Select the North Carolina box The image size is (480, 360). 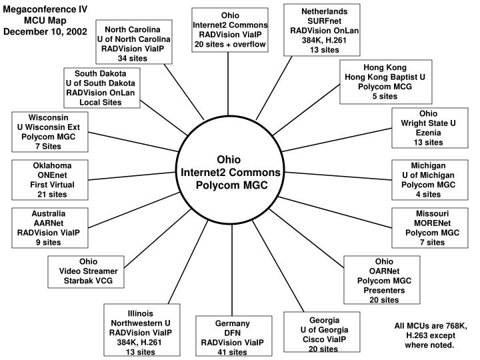pyautogui.click(x=133, y=44)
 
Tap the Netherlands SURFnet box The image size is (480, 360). pyautogui.click(x=324, y=31)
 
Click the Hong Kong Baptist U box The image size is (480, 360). pyautogui.click(x=380, y=82)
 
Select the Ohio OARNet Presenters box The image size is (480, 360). pyautogui.click(x=384, y=280)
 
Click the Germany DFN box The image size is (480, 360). pyautogui.click(x=233, y=337)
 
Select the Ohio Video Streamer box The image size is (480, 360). pyautogui.click(x=88, y=271)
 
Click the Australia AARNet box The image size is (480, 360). pyautogui.click(x=48, y=227)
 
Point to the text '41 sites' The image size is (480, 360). pyautogui.click(x=233, y=352)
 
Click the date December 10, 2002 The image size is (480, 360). pyautogui.click(x=45, y=32)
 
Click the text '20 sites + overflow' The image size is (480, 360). pyautogui.click(x=230, y=44)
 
